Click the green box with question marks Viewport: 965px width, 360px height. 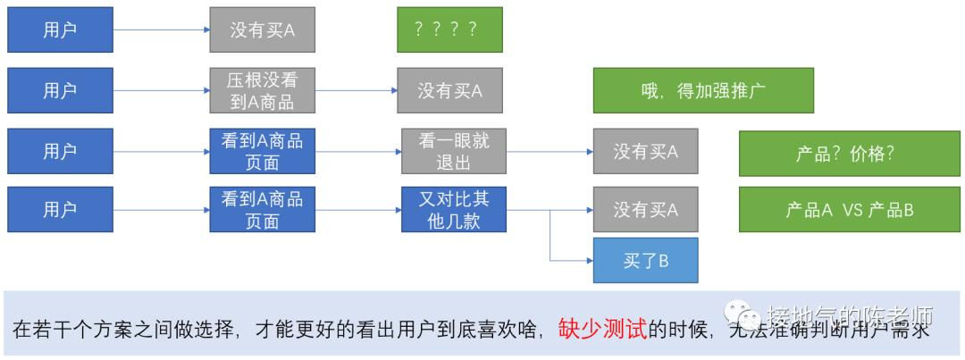(449, 29)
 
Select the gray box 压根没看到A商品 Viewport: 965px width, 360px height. (262, 90)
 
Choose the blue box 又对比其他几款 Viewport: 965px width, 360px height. (454, 210)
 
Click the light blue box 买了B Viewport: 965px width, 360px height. (645, 261)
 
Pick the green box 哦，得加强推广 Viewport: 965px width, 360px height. (703, 90)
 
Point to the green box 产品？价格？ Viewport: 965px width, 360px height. (849, 153)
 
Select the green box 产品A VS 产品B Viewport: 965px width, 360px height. (849, 210)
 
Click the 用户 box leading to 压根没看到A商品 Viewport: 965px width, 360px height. (60, 90)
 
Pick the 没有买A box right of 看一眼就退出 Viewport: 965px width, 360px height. (645, 152)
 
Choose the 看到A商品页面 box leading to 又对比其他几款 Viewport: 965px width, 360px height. (262, 210)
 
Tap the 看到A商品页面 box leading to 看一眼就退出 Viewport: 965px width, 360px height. (262, 151)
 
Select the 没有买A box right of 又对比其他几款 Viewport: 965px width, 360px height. (645, 210)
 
